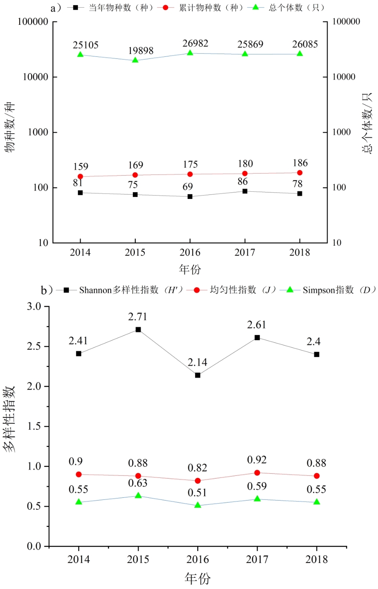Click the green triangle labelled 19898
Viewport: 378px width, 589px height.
pyautogui.click(x=135, y=60)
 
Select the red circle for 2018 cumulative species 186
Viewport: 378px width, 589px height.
pyautogui.click(x=300, y=173)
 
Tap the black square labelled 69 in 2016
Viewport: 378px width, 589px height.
pyautogui.click(x=190, y=196)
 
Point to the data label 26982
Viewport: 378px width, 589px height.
pyautogui.click(x=195, y=44)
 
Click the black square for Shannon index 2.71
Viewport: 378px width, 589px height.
pyautogui.click(x=138, y=330)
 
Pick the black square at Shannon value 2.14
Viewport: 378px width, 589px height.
pyautogui.click(x=198, y=375)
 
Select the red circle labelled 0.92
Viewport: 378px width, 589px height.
pyautogui.click(x=257, y=473)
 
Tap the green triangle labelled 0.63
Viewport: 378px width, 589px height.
pyautogui.click(x=138, y=496)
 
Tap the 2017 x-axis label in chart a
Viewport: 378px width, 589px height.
pyautogui.click(x=245, y=252)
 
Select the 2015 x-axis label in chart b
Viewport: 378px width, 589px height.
pyautogui.click(x=138, y=559)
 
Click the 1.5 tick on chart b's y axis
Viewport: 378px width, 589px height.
pyautogui.click(x=34, y=426)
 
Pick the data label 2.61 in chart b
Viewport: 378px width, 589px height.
pyautogui.click(x=256, y=325)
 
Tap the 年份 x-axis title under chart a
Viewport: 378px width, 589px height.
pyautogui.click(x=190, y=269)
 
